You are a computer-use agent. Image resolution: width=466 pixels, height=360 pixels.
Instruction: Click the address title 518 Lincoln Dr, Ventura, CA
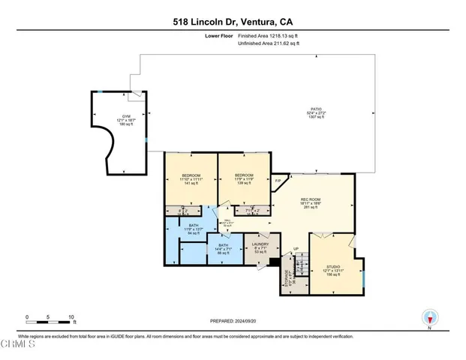233,22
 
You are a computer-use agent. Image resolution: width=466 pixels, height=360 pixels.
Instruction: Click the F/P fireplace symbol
278,181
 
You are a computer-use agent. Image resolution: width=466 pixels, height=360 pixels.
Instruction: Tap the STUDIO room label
341,270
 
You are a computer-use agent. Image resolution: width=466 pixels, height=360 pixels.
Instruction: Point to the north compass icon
430,317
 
